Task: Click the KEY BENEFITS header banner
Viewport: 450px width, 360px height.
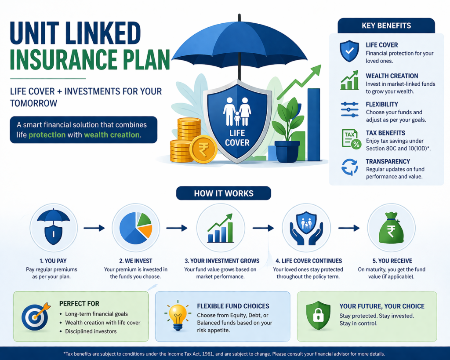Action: [386, 25]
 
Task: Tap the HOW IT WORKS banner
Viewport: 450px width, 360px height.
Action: [224, 193]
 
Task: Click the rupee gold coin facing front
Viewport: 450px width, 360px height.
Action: [203, 149]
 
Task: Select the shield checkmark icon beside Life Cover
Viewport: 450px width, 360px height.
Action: [349, 51]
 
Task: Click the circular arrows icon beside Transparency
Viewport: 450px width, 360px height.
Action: [349, 167]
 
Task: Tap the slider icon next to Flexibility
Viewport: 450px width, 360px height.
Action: [350, 109]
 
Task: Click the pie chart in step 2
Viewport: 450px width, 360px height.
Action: [135, 228]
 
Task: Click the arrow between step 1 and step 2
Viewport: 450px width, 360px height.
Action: [94, 228]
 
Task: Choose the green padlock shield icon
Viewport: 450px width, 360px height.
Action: [318, 315]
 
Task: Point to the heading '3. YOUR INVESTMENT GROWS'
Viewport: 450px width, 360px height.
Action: [222, 261]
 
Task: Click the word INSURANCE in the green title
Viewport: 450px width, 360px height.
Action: [64, 60]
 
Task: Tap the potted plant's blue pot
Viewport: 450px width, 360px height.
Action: [287, 151]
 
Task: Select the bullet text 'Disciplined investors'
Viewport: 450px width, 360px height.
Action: [91, 331]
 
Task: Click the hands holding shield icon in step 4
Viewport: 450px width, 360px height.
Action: [306, 228]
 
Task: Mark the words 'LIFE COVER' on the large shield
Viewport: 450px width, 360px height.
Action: [237, 138]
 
